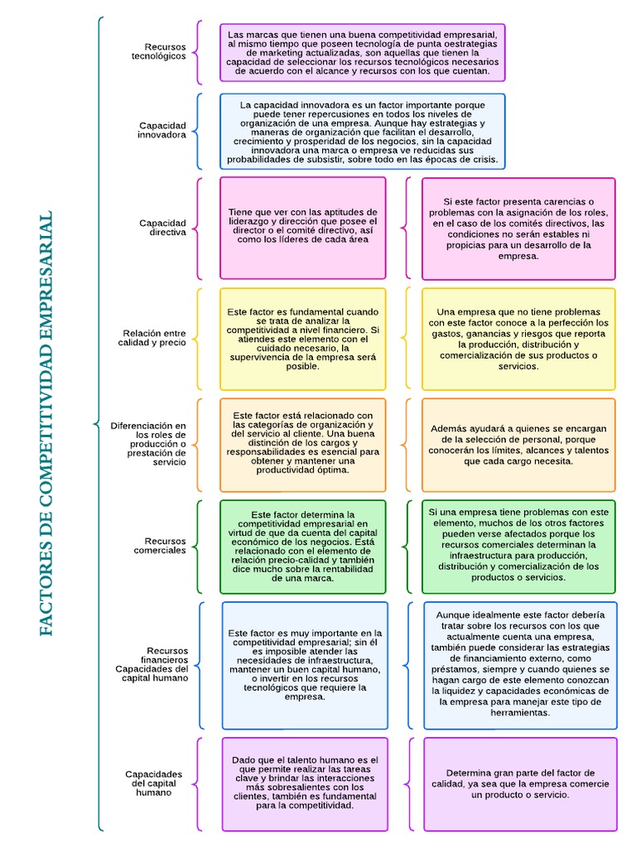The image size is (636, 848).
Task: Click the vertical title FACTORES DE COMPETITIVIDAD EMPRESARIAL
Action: point(46,423)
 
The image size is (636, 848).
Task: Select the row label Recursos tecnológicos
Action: point(165,51)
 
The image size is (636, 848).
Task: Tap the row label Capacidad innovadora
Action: point(162,130)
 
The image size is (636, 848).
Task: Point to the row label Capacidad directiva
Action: point(162,228)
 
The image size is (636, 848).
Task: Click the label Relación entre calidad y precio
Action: point(152,338)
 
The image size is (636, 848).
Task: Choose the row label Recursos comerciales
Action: point(160,546)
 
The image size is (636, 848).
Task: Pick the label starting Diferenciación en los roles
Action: point(148,444)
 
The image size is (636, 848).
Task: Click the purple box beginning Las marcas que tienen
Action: point(362,53)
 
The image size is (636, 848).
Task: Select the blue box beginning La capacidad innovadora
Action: point(362,132)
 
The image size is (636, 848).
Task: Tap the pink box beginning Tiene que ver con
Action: point(302,228)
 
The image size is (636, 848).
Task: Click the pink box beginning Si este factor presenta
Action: point(518,229)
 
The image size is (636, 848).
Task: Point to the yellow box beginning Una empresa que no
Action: point(518,339)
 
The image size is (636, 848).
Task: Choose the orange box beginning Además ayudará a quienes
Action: point(518,445)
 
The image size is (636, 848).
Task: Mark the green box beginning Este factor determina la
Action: point(302,547)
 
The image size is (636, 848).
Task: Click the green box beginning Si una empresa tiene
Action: point(518,547)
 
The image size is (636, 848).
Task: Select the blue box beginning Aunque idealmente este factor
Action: point(518,665)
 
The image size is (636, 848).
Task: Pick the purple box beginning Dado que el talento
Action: point(304,783)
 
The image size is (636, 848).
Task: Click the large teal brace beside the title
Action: point(99,423)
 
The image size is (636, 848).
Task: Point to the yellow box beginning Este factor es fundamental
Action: point(302,339)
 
